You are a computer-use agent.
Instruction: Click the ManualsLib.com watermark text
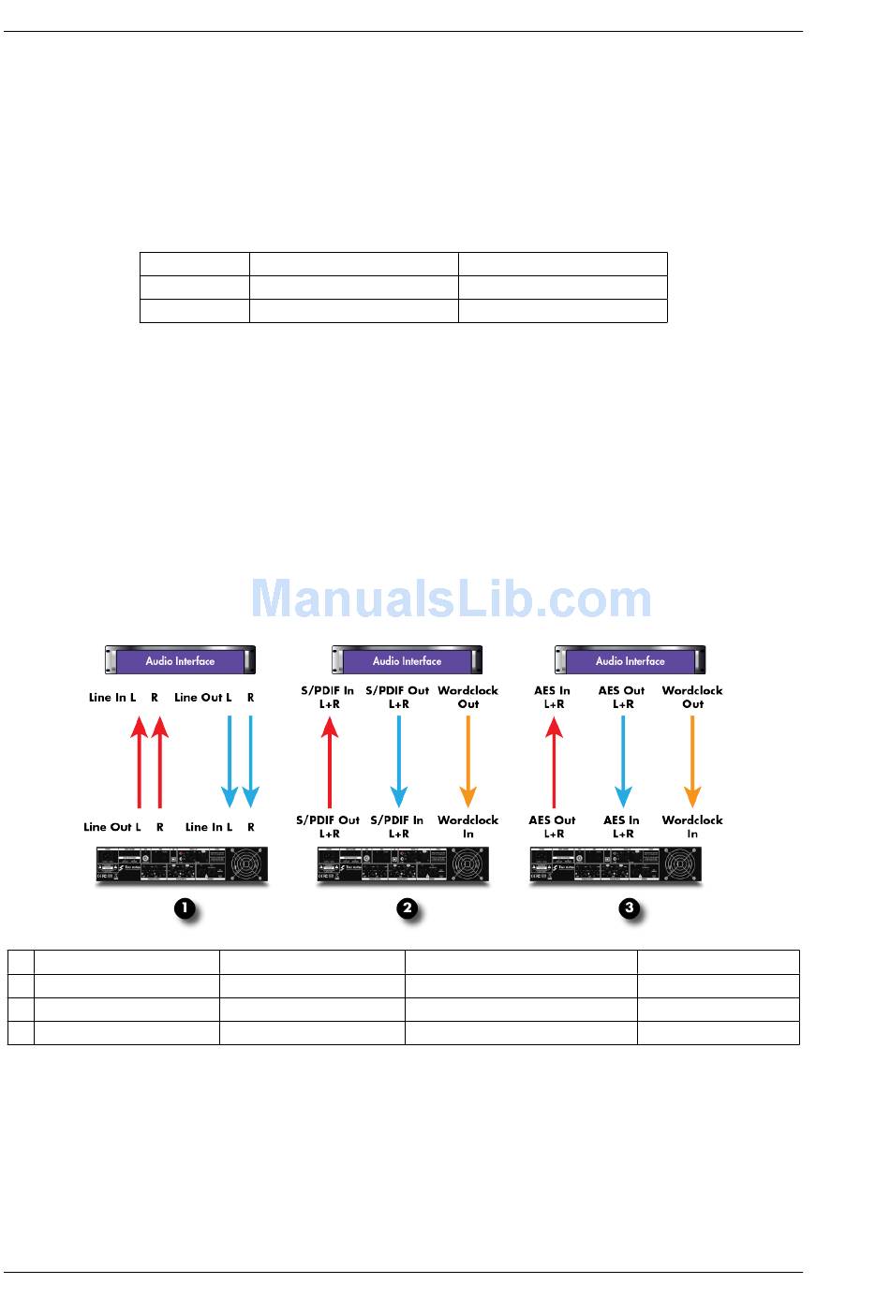click(x=452, y=599)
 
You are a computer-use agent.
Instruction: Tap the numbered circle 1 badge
click(x=185, y=908)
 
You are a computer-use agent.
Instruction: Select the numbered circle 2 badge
click(x=408, y=908)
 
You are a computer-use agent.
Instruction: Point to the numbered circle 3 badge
click(x=630, y=908)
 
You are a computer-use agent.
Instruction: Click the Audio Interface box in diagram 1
click(x=180, y=660)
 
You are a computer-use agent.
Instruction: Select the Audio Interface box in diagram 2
click(x=407, y=660)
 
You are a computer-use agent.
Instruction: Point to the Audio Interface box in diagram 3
click(x=630, y=660)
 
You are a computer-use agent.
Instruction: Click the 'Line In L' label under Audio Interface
click(x=112, y=698)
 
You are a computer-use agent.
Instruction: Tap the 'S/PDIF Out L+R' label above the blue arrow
click(x=398, y=697)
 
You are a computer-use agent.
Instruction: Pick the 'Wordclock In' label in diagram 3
click(x=692, y=826)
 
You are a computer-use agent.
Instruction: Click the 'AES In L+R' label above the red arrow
click(x=553, y=697)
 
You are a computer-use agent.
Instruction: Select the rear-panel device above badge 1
click(x=182, y=864)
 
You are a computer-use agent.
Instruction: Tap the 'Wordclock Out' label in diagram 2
click(x=468, y=697)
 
